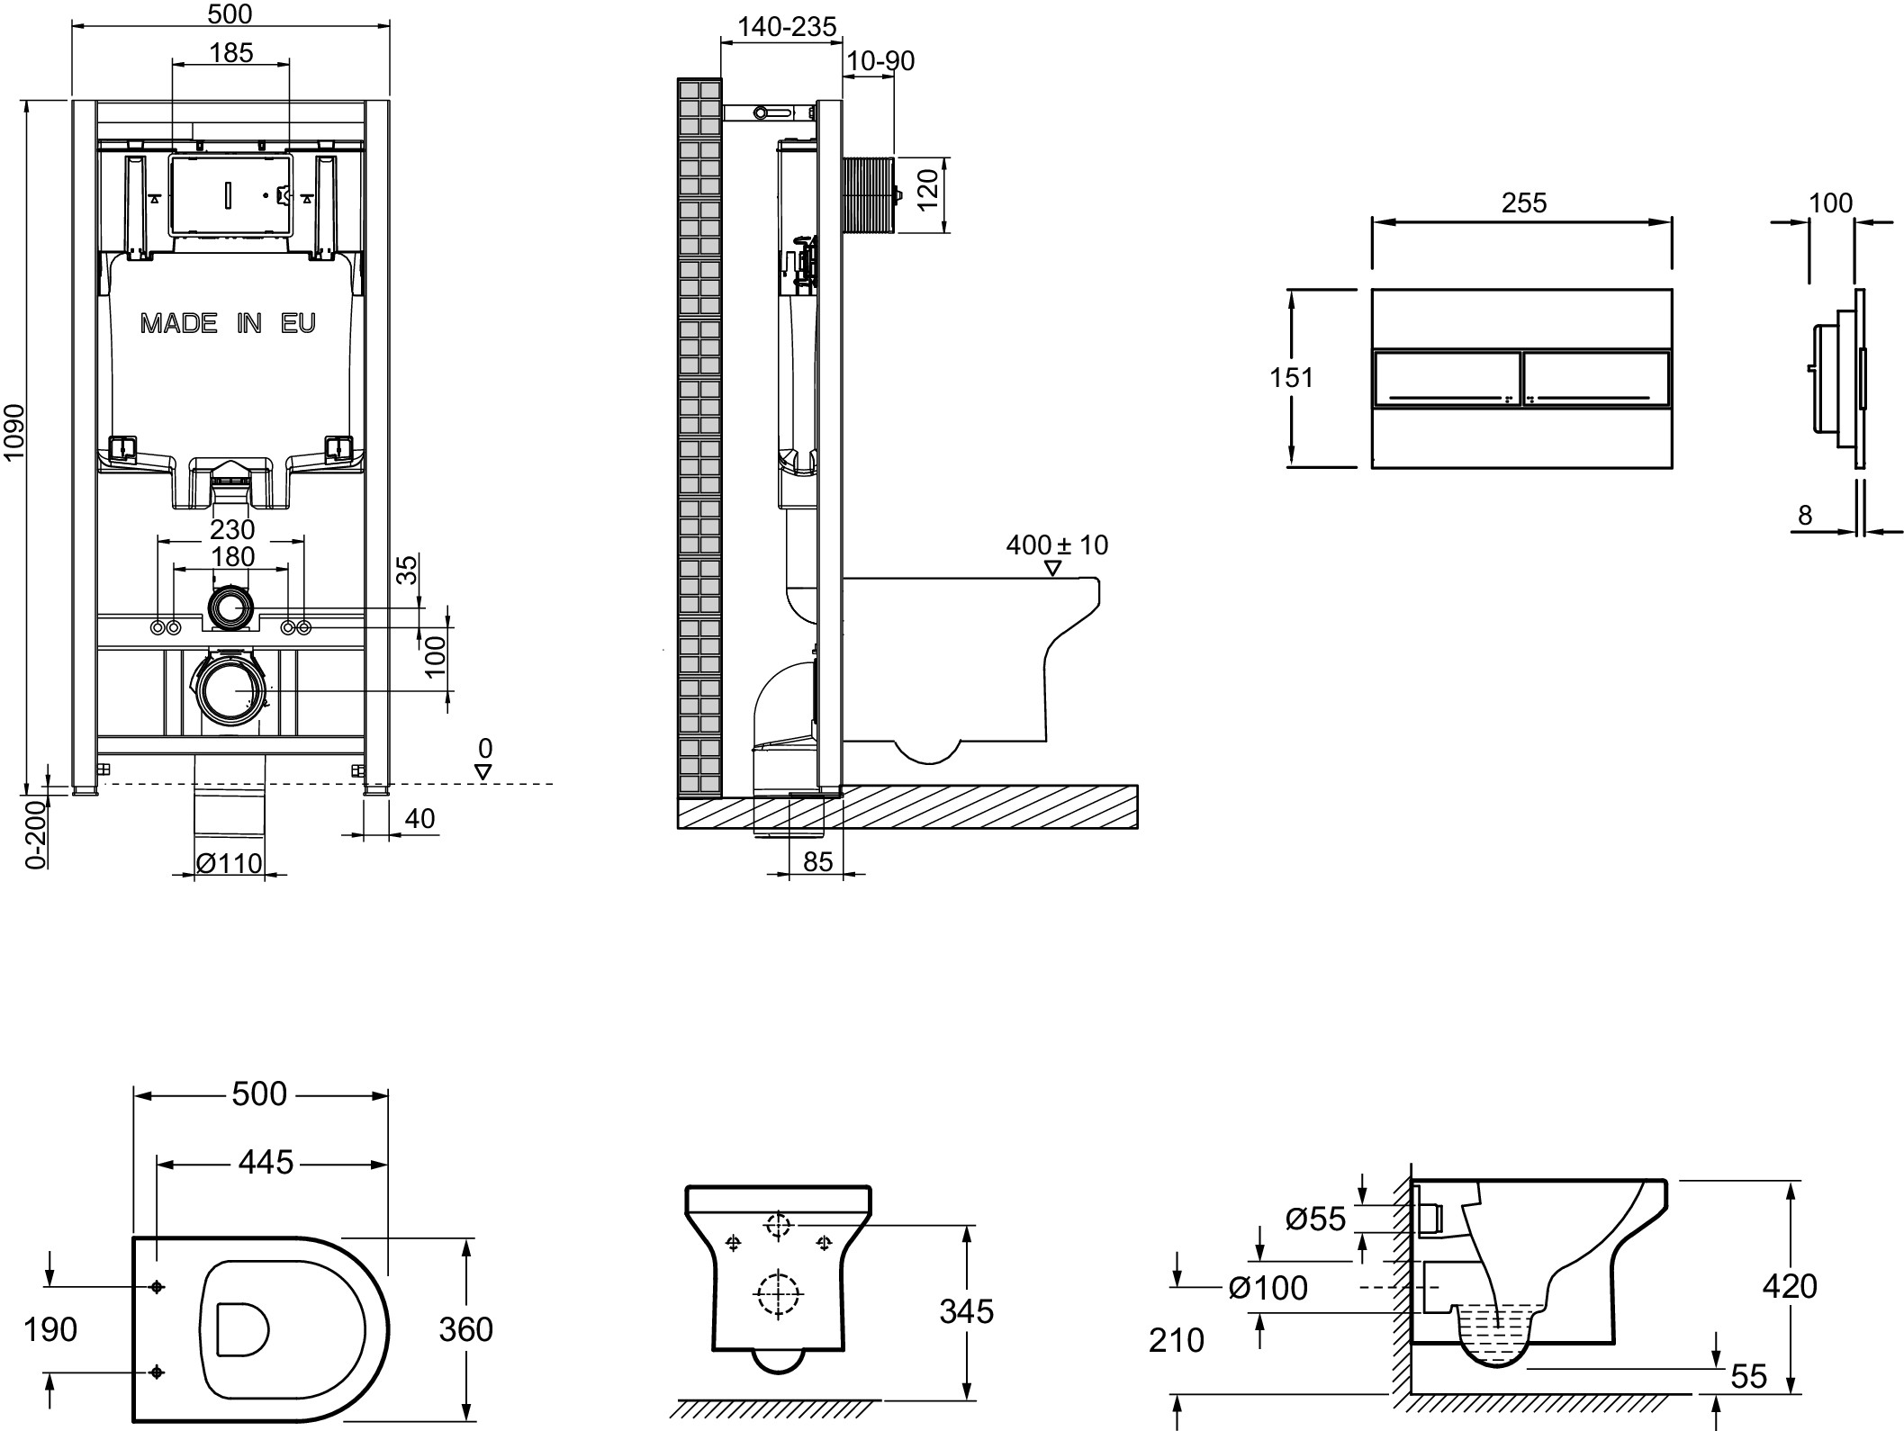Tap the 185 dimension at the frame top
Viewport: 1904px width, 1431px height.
click(231, 53)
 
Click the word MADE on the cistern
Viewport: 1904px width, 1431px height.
click(178, 323)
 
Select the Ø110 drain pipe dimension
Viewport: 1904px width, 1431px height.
click(230, 864)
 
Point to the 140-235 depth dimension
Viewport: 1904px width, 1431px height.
click(787, 28)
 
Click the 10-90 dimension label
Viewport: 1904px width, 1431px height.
click(880, 61)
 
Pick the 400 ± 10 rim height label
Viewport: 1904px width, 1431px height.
click(1057, 544)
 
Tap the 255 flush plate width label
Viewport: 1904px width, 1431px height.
click(1523, 203)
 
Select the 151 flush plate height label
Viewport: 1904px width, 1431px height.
click(1291, 378)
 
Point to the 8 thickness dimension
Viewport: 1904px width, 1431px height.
click(1804, 516)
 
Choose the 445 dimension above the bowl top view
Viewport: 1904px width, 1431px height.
click(266, 1163)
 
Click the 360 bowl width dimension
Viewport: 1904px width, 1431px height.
click(465, 1329)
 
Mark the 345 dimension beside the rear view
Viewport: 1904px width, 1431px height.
click(966, 1311)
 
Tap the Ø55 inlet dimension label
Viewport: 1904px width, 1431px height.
click(1315, 1219)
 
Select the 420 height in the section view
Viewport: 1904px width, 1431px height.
click(1790, 1286)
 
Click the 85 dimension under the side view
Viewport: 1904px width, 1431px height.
click(817, 862)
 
